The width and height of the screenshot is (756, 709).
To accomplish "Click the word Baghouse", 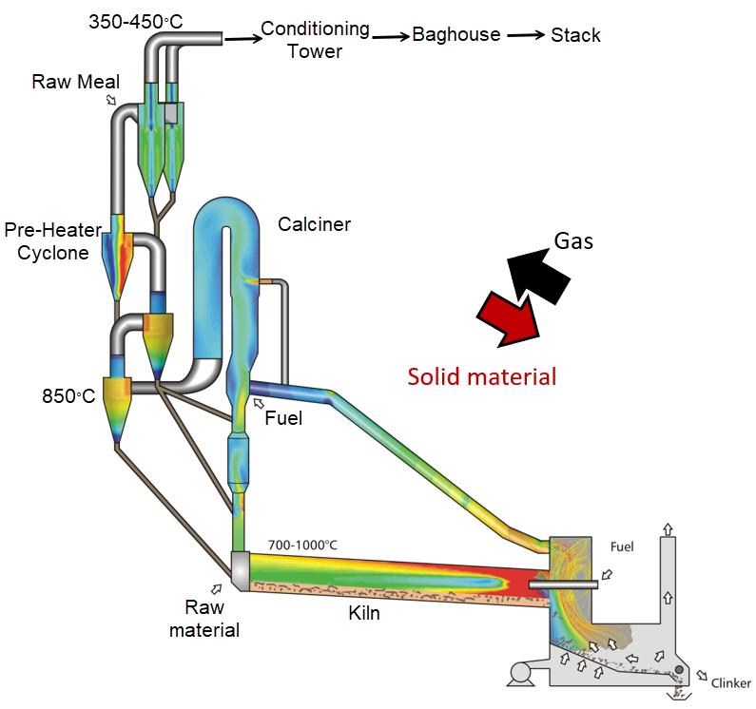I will click(456, 35).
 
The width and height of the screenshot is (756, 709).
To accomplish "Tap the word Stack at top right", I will click(575, 35).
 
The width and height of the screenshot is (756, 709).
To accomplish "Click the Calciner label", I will click(314, 224).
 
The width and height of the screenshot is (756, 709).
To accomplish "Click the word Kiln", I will click(363, 613).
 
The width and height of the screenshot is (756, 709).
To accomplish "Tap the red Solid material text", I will click(481, 376).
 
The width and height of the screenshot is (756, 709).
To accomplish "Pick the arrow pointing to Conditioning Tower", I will click(241, 38).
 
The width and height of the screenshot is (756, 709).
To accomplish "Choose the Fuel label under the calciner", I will click(283, 416).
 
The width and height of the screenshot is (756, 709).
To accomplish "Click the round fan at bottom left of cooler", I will click(521, 673).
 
